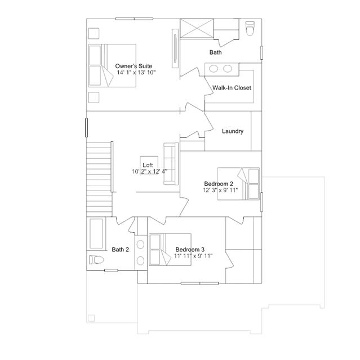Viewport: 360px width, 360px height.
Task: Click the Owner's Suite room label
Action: click(x=134, y=66)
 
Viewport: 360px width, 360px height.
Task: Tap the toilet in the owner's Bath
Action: click(x=250, y=29)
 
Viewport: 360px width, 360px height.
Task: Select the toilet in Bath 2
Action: click(x=96, y=260)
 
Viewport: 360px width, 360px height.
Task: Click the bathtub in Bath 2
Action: click(x=96, y=233)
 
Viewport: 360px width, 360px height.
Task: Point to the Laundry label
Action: click(x=233, y=131)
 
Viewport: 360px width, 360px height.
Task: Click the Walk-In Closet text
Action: click(x=232, y=88)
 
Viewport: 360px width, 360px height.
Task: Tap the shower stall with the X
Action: click(x=197, y=28)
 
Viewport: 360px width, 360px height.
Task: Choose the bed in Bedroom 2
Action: click(x=238, y=184)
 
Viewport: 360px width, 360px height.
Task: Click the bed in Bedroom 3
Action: click(x=170, y=250)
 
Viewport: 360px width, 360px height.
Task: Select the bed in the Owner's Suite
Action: click(x=112, y=66)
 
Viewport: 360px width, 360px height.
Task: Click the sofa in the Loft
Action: click(x=171, y=163)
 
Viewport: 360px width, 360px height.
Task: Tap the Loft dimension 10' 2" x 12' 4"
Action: click(x=149, y=171)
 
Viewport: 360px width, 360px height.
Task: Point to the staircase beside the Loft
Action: click(x=99, y=179)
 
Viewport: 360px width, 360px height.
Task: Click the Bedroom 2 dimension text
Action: click(x=220, y=190)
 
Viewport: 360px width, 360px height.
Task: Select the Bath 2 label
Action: click(x=121, y=250)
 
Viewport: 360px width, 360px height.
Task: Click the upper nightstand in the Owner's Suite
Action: click(x=94, y=33)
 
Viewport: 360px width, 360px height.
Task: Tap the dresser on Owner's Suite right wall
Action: click(x=175, y=48)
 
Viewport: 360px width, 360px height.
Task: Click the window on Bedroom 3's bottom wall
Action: click(x=200, y=283)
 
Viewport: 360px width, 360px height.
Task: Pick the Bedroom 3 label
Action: click(x=190, y=250)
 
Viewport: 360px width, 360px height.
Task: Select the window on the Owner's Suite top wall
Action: click(x=134, y=19)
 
